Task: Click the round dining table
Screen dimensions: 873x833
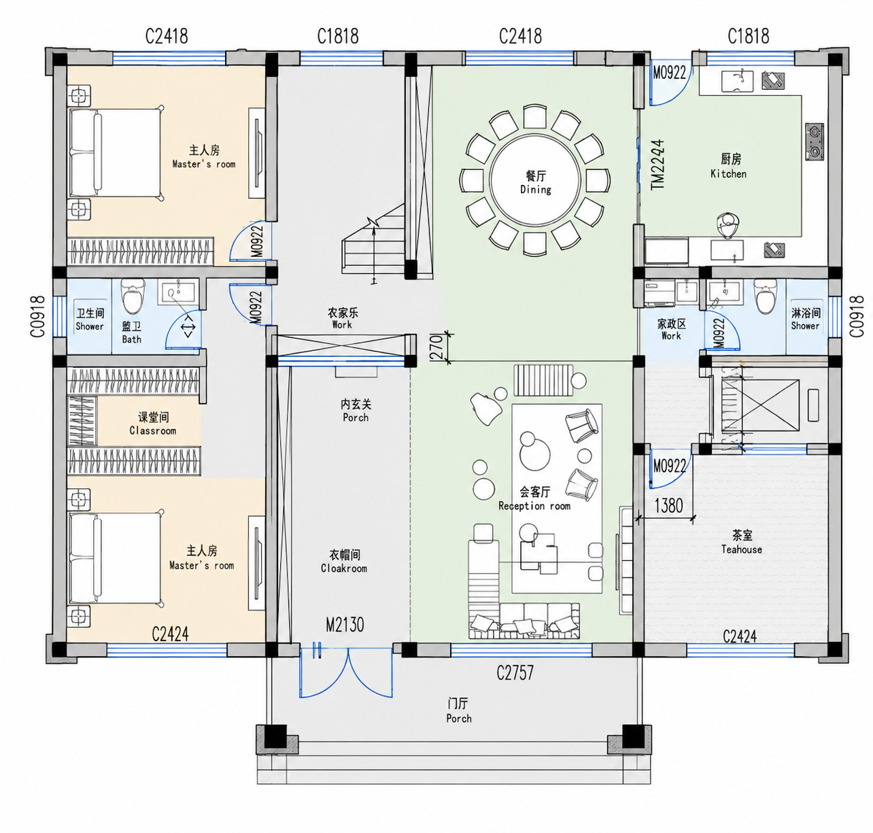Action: (535, 181)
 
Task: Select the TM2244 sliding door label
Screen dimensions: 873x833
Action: (658, 165)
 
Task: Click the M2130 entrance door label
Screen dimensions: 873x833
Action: (345, 625)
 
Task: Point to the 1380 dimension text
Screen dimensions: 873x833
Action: (668, 505)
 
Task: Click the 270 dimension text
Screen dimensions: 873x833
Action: (436, 347)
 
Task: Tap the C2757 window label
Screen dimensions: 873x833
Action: (515, 673)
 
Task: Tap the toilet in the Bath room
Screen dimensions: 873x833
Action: (133, 296)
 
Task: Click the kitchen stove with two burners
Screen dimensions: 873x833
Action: (815, 141)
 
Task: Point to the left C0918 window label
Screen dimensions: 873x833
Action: (38, 317)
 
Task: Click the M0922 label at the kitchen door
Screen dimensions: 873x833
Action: (669, 72)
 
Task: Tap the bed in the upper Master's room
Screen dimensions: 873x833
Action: (116, 153)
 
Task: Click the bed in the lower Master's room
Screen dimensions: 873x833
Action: (116, 558)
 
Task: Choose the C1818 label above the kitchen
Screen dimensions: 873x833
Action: (748, 36)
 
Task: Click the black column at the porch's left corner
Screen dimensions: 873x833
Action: (275, 736)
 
